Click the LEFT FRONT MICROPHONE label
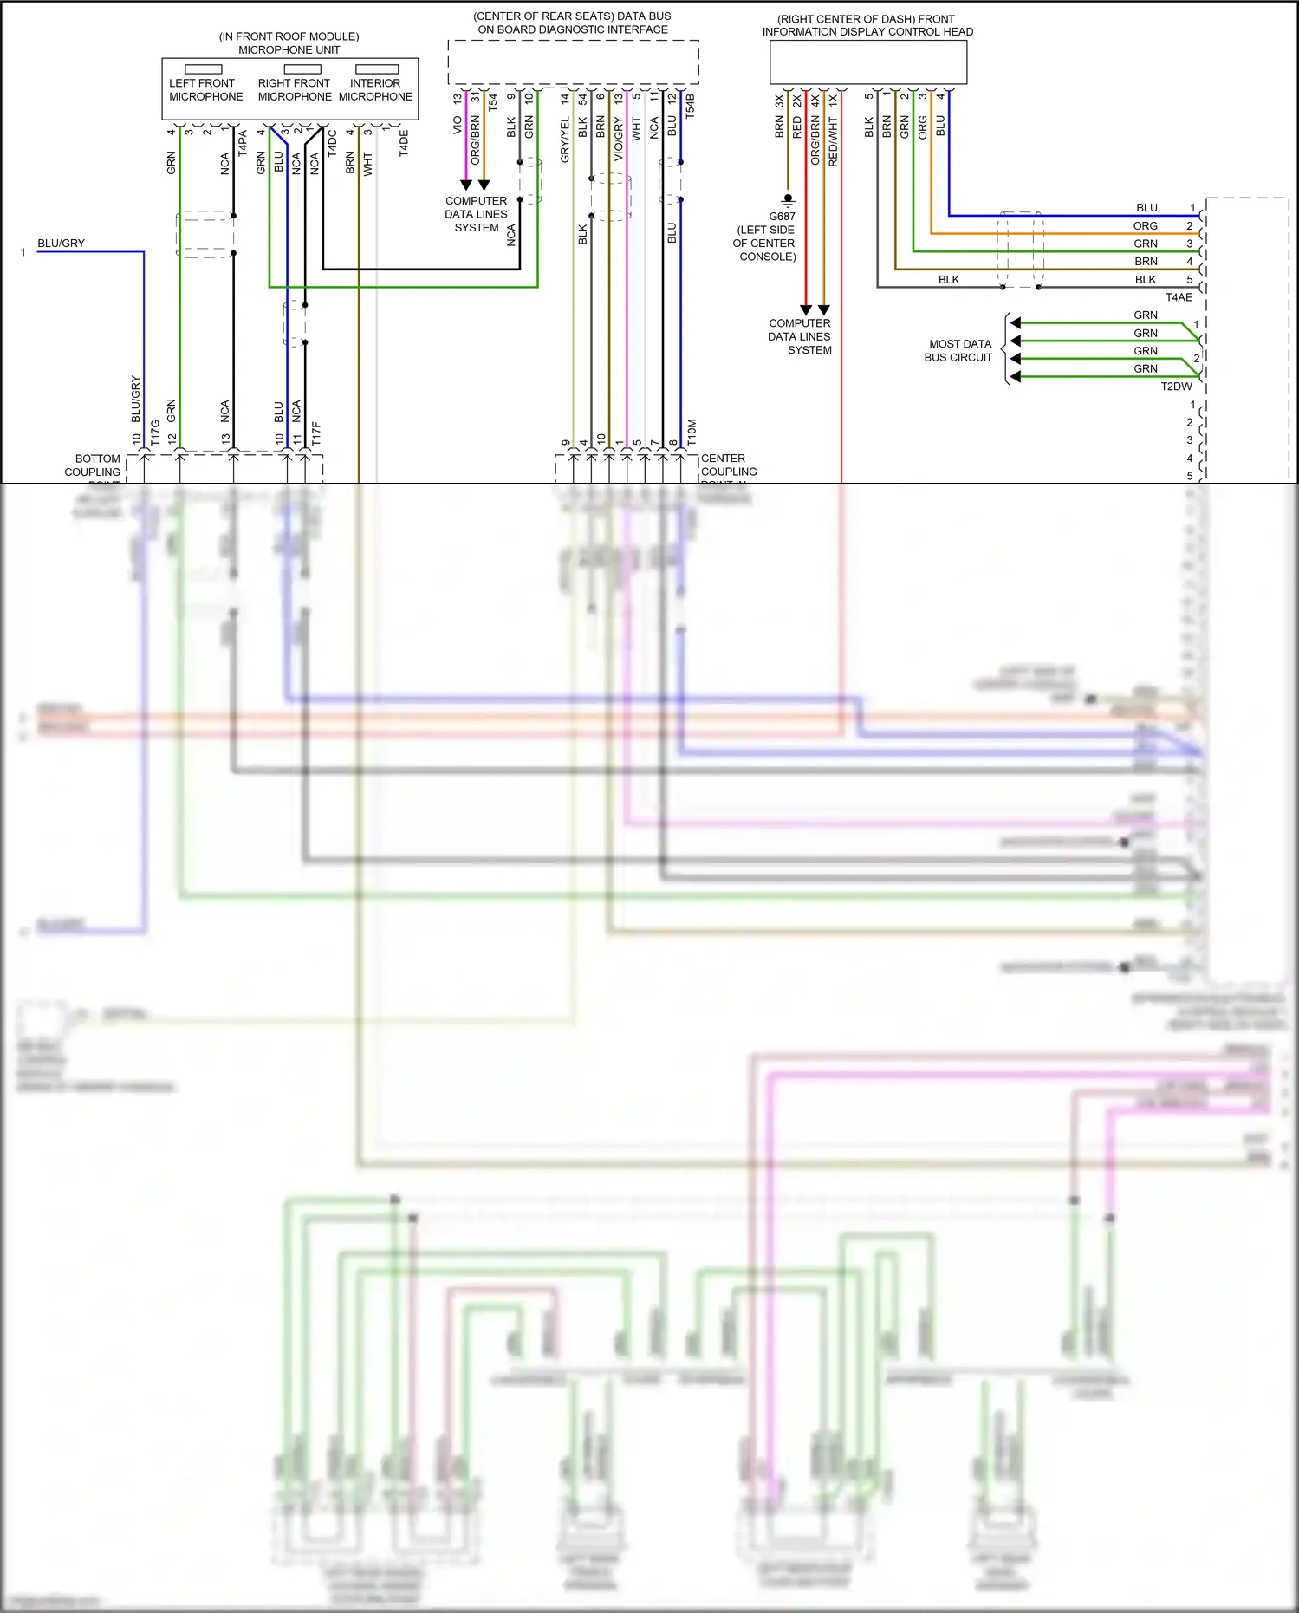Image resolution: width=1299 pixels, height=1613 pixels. tap(205, 89)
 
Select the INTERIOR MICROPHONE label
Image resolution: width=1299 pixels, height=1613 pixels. tap(375, 89)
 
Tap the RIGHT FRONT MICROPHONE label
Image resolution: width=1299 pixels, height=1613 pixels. tap(294, 89)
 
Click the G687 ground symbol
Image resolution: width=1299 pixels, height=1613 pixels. tap(788, 200)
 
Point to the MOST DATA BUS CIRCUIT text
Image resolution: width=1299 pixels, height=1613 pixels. tap(958, 350)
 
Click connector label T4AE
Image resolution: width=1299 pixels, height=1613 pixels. tap(1178, 297)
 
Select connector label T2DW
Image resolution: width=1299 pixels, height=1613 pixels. tap(1176, 387)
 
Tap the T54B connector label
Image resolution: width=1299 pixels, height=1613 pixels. tap(691, 105)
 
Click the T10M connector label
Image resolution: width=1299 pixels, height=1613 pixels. tap(692, 433)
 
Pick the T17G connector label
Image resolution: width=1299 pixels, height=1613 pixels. tap(155, 433)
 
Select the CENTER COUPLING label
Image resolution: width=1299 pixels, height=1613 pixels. tap(728, 465)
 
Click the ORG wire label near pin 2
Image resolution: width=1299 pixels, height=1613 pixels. tap(1145, 225)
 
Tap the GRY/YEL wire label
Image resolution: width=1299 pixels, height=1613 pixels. tap(565, 140)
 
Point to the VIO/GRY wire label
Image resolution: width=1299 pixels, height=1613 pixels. tap(619, 140)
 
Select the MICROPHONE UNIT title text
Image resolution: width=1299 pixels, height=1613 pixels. tap(289, 49)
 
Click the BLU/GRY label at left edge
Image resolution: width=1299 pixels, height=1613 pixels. tap(61, 244)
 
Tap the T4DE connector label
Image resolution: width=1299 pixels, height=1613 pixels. tap(404, 143)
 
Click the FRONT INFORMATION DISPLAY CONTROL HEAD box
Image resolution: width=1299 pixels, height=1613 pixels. tap(868, 62)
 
